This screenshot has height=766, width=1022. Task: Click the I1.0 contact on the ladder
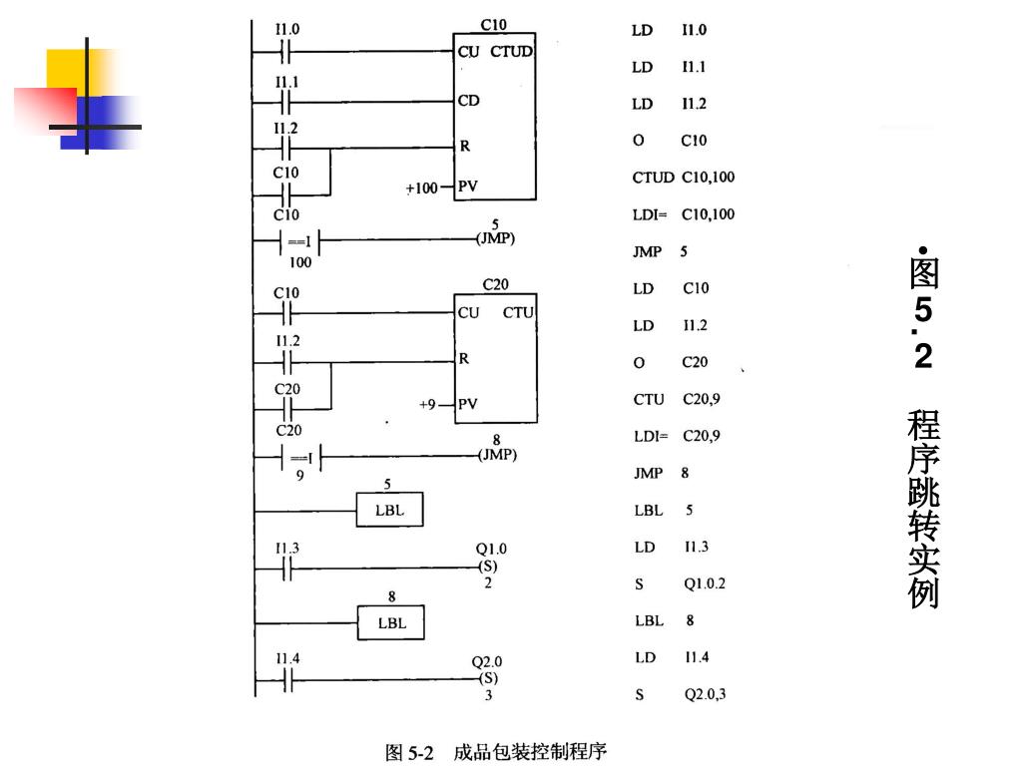pos(286,50)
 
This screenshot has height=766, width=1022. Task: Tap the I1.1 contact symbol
pos(286,101)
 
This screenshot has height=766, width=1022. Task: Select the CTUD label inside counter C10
pos(511,52)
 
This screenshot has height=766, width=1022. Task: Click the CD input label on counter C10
pos(468,101)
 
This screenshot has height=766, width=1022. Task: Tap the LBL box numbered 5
pos(389,511)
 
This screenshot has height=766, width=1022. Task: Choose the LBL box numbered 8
pos(390,623)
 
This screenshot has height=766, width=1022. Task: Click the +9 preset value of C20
pos(430,404)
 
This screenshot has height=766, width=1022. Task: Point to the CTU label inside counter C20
pos(518,312)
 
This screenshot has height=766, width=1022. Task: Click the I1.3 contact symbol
pos(286,569)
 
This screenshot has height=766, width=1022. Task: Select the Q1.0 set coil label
pos(491,549)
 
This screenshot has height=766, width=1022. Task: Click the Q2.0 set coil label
pos(487,661)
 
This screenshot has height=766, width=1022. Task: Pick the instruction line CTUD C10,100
pos(684,178)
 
